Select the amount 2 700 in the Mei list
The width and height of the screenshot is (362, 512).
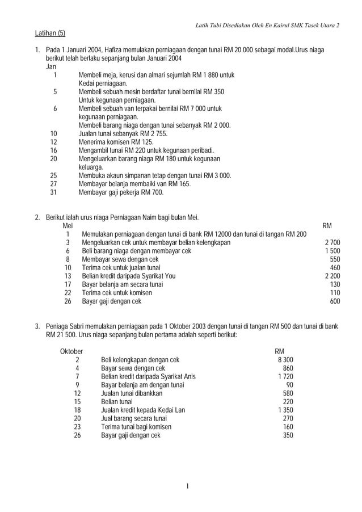332,243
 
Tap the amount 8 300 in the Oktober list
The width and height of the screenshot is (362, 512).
285,360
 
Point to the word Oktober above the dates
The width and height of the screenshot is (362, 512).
71,350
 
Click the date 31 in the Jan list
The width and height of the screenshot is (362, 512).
54,192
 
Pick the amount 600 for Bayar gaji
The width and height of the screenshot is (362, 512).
335,302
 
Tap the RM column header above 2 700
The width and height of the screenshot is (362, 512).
327,226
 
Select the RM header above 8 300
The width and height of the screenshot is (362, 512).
279,350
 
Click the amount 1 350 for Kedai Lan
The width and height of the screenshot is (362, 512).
285,410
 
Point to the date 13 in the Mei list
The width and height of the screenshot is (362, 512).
68,276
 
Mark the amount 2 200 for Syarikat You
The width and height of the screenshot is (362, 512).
332,276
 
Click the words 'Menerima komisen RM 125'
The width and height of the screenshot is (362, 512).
116,142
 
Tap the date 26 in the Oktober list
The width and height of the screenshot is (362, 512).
78,435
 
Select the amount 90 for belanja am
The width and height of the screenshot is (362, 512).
289,384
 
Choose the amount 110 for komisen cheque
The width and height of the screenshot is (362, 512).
335,293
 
